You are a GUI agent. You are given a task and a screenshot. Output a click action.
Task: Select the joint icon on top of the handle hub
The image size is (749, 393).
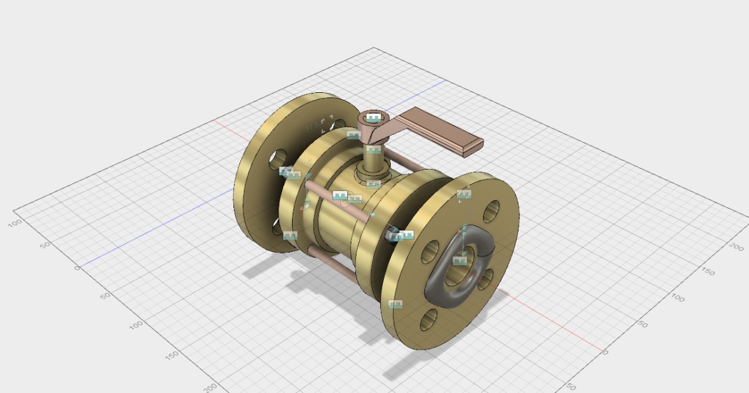point(374,118)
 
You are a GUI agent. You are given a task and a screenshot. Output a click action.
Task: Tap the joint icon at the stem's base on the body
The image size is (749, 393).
point(373,184)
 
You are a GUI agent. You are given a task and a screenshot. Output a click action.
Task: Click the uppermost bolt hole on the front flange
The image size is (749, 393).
point(491,210)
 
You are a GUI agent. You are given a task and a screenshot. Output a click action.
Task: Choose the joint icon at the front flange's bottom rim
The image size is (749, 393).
point(395,304)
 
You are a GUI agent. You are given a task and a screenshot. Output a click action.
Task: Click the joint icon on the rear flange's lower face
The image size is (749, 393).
point(290,236)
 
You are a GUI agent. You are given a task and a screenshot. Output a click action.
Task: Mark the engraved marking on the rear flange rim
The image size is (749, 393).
point(318,125)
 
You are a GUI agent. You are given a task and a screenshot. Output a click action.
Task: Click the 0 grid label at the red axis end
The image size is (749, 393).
point(604,352)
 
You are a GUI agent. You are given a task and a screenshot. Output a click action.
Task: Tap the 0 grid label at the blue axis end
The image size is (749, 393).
point(77,268)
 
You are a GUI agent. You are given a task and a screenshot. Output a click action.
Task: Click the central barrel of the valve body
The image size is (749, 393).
point(334,225)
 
